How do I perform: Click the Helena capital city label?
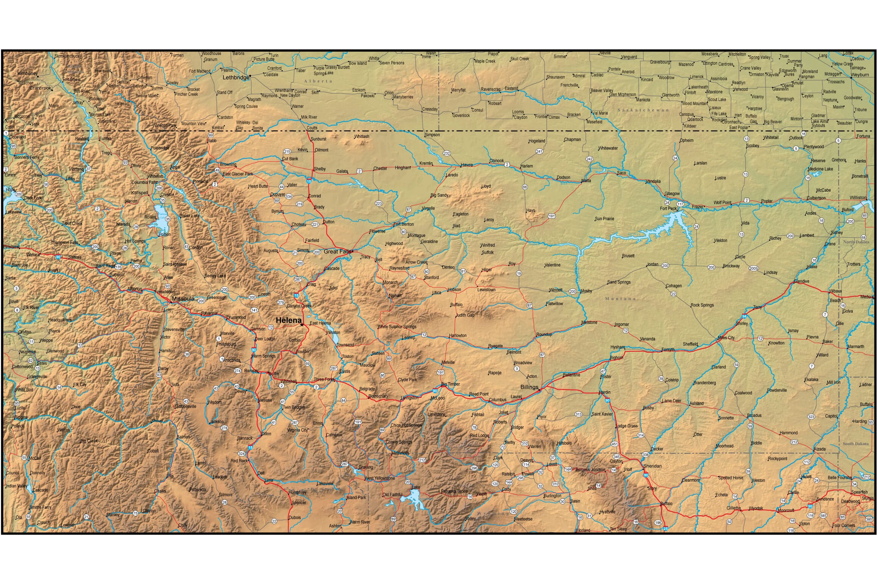(x=288, y=320)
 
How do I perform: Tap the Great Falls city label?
(x=337, y=252)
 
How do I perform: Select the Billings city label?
(x=529, y=387)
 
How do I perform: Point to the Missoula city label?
(x=183, y=298)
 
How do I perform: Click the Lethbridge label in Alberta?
(x=236, y=78)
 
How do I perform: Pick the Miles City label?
(x=726, y=338)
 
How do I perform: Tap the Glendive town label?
(x=801, y=281)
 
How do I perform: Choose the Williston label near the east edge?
(x=857, y=197)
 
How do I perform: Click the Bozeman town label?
(x=378, y=396)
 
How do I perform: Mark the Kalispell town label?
(x=139, y=193)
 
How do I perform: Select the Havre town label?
(x=467, y=165)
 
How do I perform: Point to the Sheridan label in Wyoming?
(x=652, y=466)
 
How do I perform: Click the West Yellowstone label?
(x=379, y=478)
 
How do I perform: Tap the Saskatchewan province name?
(x=643, y=110)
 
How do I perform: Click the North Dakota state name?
(x=856, y=242)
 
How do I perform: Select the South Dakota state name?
(x=855, y=444)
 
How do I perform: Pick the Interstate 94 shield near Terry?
(x=744, y=316)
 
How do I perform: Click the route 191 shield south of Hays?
(x=551, y=216)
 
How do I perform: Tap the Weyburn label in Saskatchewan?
(x=859, y=75)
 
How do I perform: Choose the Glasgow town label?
(x=672, y=194)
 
